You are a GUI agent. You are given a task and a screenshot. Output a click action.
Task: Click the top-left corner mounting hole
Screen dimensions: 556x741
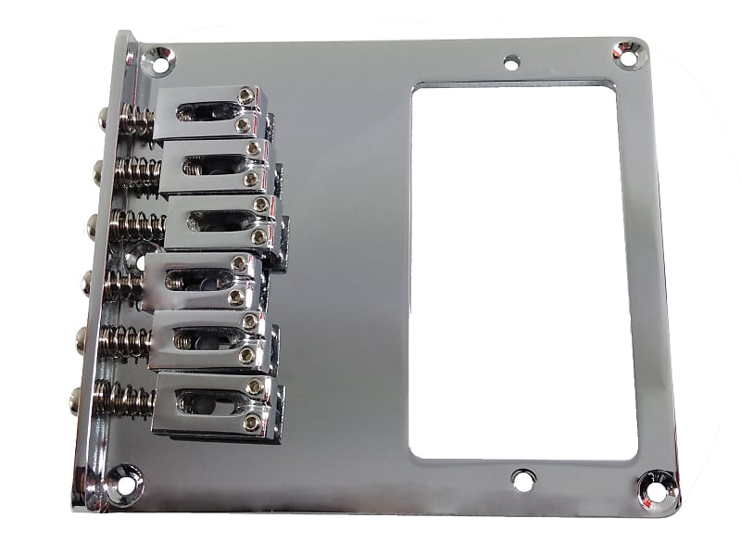point(159,64)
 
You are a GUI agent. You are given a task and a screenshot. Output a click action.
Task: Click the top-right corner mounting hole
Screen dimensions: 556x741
point(628,57)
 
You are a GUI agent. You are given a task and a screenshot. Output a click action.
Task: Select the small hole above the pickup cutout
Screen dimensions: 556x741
point(510,64)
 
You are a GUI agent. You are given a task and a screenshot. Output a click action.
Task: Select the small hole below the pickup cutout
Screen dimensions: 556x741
point(523,481)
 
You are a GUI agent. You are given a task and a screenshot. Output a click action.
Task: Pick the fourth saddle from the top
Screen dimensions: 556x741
point(204,281)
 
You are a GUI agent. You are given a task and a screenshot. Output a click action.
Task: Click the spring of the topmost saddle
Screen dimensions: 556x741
point(136,120)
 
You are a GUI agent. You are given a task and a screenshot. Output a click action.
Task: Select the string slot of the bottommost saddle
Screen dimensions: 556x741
point(206,401)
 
